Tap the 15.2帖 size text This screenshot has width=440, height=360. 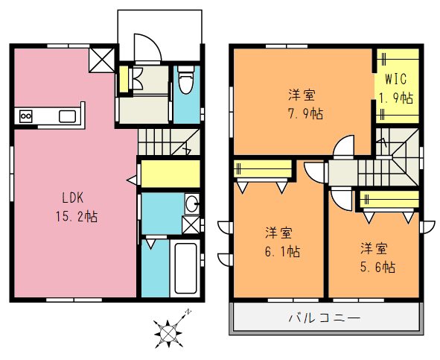click(x=76, y=217)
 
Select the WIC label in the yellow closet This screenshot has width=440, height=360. click(x=394, y=79)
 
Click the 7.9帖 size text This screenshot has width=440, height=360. click(x=302, y=113)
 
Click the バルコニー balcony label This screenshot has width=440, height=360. click(x=325, y=318)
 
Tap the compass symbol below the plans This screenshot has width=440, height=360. click(x=170, y=329)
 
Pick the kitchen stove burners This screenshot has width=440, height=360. click(x=27, y=116)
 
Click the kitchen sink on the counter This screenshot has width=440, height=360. click(x=68, y=116)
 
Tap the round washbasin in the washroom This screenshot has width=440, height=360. click(x=192, y=203)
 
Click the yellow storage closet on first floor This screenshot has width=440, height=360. click(x=170, y=174)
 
